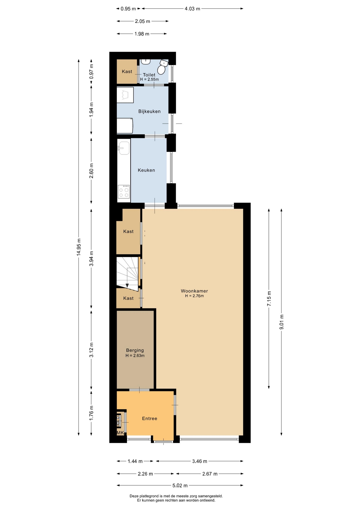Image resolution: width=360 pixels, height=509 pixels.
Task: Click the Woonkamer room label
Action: coord(194,291)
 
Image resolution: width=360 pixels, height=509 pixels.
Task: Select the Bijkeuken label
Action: coord(150,111)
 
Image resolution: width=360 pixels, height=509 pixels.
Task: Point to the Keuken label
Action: coord(146,170)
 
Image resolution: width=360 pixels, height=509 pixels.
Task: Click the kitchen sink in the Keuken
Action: coord(124,148)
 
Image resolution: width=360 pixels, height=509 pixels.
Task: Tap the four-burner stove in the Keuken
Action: coord(124,192)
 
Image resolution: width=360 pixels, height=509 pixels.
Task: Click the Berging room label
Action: coord(135,350)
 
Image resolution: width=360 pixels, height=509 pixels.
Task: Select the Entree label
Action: coord(150,418)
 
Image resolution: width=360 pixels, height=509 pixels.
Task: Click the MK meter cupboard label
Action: coord(120,433)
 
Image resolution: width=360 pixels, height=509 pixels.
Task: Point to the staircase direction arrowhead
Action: coord(127,285)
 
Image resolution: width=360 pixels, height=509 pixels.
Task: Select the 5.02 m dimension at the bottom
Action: coord(180,485)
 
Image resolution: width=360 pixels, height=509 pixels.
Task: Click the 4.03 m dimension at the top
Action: coord(192,9)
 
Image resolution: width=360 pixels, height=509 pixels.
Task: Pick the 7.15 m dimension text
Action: coord(269,299)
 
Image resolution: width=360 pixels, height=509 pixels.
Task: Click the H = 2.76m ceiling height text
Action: coord(194,296)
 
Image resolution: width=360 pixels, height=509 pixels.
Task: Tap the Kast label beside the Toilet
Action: coord(127,71)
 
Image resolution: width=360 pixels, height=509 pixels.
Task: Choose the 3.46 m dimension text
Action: coord(200,461)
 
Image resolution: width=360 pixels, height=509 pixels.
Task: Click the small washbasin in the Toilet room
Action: coord(146,62)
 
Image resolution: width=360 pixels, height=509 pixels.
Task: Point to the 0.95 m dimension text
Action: coord(128,9)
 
